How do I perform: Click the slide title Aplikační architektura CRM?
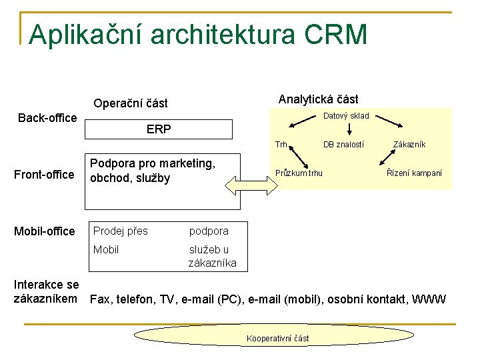(x=198, y=35)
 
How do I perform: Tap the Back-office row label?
(x=47, y=118)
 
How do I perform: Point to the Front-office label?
(x=44, y=175)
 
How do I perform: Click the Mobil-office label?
(x=45, y=231)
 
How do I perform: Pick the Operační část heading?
(x=131, y=103)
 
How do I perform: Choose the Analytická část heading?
(x=318, y=99)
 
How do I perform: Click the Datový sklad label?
(x=346, y=116)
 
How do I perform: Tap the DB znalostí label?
(x=343, y=145)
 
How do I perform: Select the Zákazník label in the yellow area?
(x=409, y=145)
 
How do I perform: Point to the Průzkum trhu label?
(x=299, y=173)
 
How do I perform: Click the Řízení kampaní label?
(x=415, y=173)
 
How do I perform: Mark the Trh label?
(x=281, y=145)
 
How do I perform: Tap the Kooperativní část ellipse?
(x=277, y=338)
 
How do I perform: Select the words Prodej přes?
(x=121, y=231)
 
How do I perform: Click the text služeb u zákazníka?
(x=213, y=257)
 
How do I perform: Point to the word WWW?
(x=429, y=299)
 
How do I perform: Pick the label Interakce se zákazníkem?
(x=47, y=291)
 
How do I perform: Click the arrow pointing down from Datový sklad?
(x=349, y=130)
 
